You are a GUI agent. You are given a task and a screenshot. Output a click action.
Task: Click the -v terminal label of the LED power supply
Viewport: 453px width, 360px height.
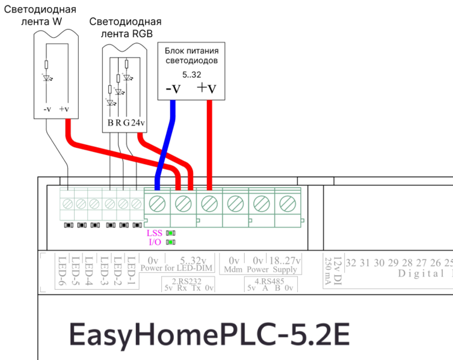point(173,89)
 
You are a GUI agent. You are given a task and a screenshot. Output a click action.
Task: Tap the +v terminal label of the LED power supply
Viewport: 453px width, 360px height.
point(206,89)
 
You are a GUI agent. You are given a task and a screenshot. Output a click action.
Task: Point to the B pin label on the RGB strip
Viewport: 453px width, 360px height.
point(111,123)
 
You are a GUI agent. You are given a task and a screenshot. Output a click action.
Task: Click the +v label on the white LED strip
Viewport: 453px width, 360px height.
point(65,109)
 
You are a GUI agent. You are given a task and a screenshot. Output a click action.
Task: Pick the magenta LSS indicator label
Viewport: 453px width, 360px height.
point(155,233)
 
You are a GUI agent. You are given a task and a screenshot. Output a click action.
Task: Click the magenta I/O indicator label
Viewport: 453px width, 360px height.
point(155,242)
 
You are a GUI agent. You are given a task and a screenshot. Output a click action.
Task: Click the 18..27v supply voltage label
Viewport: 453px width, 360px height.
point(285,260)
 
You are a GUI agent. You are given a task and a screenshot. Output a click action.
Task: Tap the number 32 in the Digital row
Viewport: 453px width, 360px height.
point(351,263)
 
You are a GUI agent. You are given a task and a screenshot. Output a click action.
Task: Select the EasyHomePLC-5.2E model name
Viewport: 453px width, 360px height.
point(209,334)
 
